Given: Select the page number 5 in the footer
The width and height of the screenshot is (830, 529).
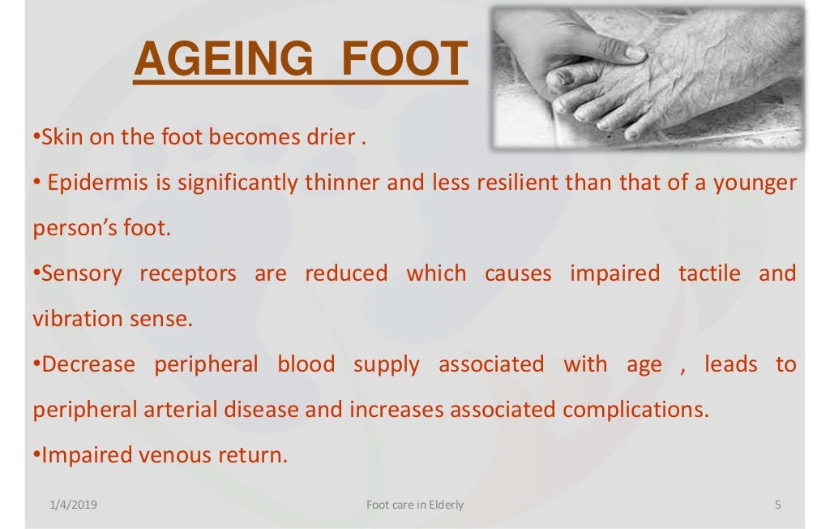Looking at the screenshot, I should [x=778, y=505].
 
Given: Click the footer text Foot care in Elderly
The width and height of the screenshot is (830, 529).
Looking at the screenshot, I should [x=415, y=505].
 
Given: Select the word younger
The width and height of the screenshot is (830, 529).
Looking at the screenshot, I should [x=755, y=183].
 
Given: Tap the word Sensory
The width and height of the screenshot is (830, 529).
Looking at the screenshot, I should [x=82, y=273].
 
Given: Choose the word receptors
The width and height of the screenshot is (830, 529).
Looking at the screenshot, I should [x=188, y=273].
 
